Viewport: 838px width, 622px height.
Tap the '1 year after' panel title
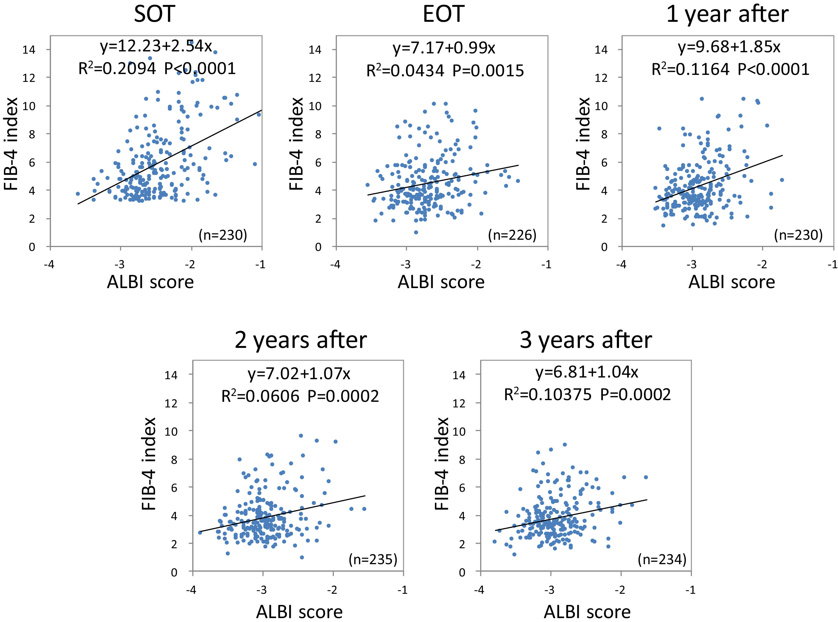point(727,15)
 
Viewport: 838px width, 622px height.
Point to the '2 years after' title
point(300,340)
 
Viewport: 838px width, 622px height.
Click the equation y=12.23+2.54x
point(156,46)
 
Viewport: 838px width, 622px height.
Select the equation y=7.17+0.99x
point(444,48)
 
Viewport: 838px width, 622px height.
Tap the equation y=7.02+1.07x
point(299,374)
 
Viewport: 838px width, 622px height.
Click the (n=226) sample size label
point(512,235)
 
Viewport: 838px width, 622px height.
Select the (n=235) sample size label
point(373,559)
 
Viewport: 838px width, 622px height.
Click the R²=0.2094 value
point(117,68)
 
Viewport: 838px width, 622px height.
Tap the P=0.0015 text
point(488,71)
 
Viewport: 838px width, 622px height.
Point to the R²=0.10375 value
point(547,395)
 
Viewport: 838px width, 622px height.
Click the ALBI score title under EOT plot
point(441,282)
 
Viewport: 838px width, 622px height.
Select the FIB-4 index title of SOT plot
point(11,144)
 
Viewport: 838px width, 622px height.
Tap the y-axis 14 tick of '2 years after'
point(171,375)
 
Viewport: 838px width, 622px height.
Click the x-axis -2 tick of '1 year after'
point(762,265)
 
